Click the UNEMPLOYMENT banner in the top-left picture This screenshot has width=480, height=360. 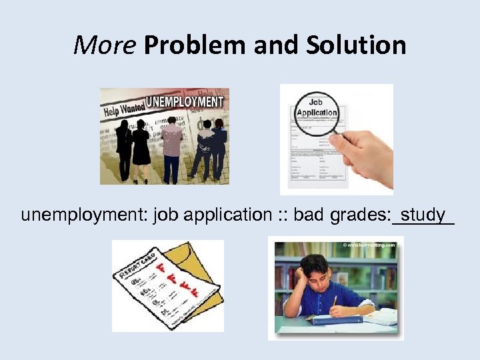click(x=185, y=102)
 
